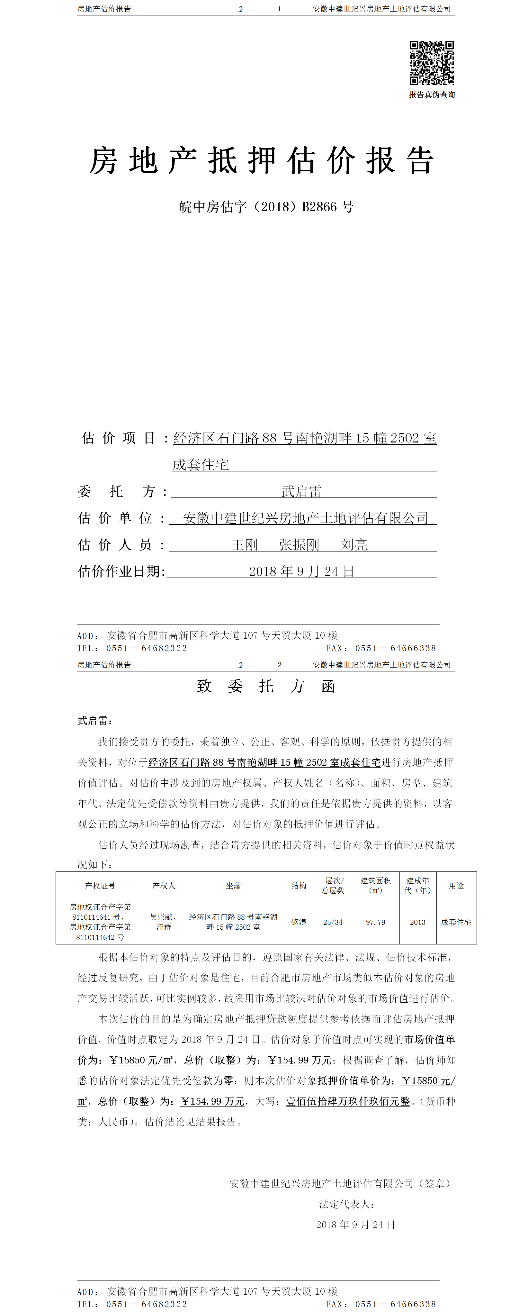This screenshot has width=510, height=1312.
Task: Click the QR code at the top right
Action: tap(432, 63)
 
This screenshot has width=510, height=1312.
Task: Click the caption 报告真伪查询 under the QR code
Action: tap(432, 95)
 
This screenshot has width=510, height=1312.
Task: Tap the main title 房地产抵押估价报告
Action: tap(262, 160)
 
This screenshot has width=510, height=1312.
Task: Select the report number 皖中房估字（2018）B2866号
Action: tap(266, 207)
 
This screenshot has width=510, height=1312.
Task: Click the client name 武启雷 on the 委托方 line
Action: tap(301, 491)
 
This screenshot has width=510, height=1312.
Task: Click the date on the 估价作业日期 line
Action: tap(301, 571)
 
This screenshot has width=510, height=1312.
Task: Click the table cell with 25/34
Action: tap(333, 922)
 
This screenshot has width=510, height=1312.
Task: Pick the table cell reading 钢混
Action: tap(299, 922)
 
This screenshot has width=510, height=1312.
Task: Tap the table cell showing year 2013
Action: tap(417, 922)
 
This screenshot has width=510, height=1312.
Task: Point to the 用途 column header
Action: tap(456, 886)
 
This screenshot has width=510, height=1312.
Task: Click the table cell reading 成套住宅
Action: tap(456, 922)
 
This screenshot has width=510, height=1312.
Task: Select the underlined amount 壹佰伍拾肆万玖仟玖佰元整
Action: tap(348, 1101)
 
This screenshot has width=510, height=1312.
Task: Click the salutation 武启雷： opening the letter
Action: tap(95, 721)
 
